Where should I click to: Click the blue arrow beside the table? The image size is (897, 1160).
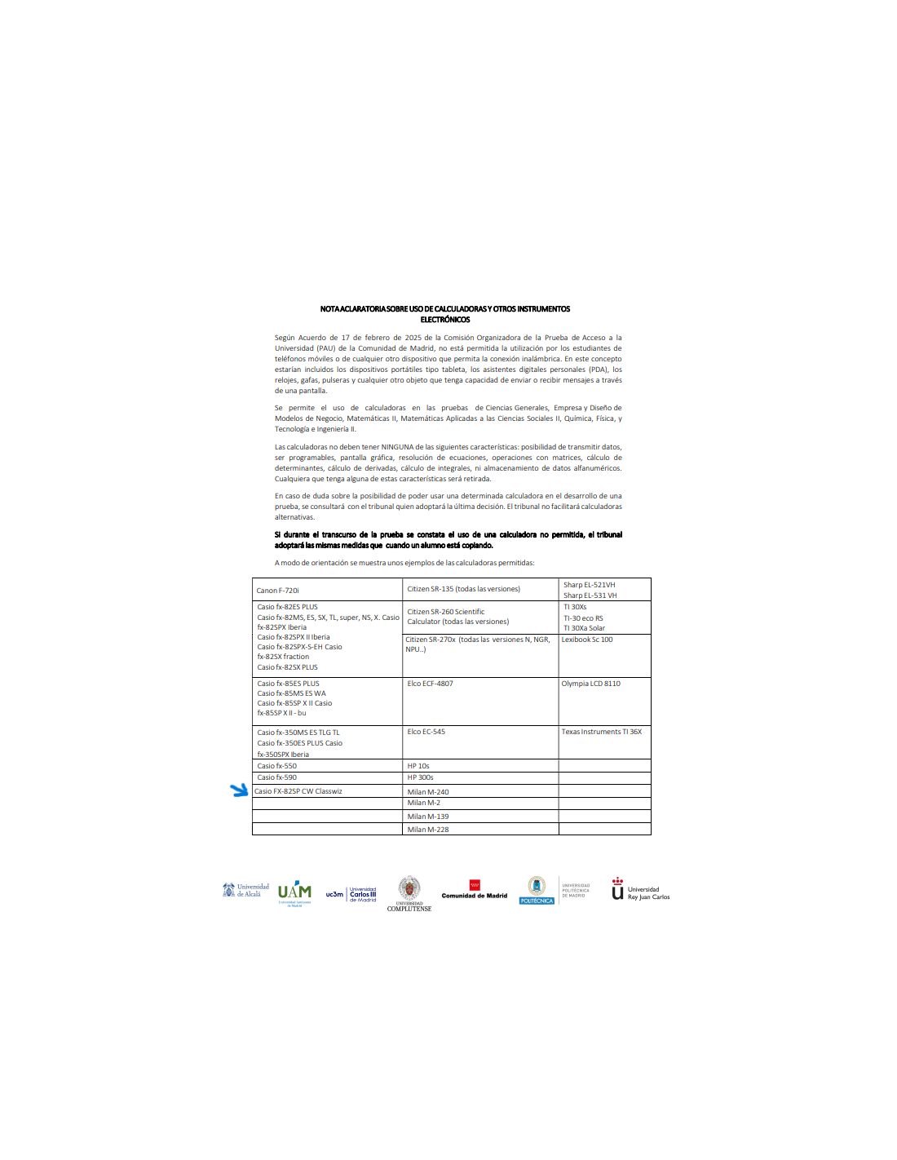[x=239, y=790]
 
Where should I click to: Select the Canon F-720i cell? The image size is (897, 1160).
[x=278, y=590]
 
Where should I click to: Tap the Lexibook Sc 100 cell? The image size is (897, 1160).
[x=587, y=640]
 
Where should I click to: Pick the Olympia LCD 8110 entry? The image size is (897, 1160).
[x=590, y=684]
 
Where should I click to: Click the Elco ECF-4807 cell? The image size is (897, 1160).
[x=430, y=684]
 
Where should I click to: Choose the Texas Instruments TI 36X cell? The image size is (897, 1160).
[x=601, y=732]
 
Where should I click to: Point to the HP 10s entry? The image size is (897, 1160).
[x=418, y=766]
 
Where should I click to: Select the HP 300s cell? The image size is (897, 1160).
[x=420, y=777]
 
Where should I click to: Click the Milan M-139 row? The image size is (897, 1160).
[x=428, y=817]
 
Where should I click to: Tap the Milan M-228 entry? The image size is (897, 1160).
[x=428, y=830]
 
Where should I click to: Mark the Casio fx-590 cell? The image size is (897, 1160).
[x=277, y=777]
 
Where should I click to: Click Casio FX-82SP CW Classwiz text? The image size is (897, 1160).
[x=298, y=791]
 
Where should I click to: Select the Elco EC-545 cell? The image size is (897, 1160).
[x=426, y=732]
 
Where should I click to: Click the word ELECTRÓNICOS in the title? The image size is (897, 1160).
[x=445, y=320]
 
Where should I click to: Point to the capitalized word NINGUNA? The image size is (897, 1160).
[x=398, y=447]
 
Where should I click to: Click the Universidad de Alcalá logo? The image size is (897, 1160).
[x=245, y=890]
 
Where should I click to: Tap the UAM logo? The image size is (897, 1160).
[x=294, y=892]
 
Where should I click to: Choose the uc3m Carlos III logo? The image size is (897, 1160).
[x=351, y=894]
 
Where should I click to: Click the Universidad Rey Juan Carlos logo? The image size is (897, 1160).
[x=640, y=891]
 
